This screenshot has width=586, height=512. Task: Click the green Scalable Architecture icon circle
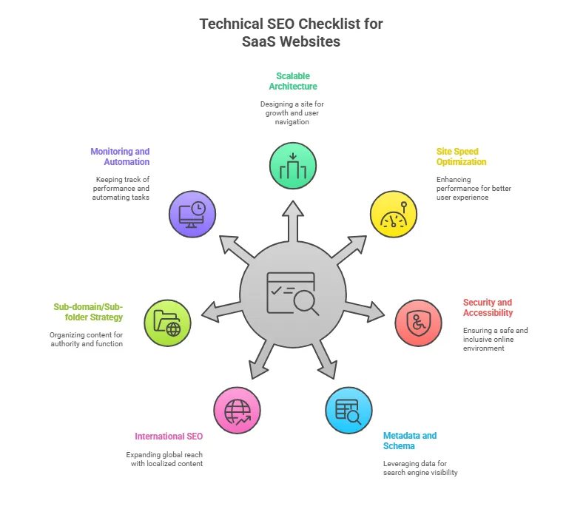coord(293,166)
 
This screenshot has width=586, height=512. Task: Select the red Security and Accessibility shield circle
coord(418,323)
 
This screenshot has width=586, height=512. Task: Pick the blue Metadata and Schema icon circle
coord(348,410)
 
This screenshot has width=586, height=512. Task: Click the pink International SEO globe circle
coord(237,410)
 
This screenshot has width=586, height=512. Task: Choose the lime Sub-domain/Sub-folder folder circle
coord(167,323)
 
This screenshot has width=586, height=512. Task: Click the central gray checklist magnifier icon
coord(293,293)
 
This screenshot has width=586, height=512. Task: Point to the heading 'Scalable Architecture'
coord(293,81)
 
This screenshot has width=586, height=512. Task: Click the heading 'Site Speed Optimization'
coord(461,157)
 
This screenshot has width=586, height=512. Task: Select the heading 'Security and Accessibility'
coord(488,308)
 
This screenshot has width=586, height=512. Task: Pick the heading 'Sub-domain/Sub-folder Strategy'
coord(88,311)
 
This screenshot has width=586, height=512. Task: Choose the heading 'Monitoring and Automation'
coord(120,157)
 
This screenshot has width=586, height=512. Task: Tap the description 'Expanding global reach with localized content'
coord(164,459)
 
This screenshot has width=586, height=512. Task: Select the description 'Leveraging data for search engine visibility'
coord(420,468)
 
